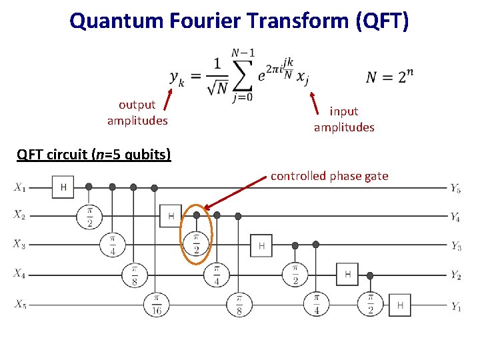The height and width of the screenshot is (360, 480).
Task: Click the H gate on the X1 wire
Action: (63, 187)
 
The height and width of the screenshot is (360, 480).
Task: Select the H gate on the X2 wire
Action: (171, 216)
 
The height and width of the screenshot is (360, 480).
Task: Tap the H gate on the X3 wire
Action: (261, 246)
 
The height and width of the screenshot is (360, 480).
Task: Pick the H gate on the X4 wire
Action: (347, 273)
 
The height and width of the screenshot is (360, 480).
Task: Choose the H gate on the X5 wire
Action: (400, 305)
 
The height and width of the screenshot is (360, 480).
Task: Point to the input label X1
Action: (19, 187)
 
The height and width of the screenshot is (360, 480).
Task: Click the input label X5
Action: (19, 305)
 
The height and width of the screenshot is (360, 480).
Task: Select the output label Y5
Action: (455, 189)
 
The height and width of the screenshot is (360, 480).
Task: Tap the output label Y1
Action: (455, 307)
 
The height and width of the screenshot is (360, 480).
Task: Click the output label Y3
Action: (455, 247)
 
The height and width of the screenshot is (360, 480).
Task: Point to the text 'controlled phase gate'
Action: (329, 176)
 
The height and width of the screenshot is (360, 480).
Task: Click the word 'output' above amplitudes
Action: (137, 104)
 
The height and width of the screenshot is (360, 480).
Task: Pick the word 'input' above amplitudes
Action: (344, 111)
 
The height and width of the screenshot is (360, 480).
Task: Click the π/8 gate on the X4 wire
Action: (133, 274)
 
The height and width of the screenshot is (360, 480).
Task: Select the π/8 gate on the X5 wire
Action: (239, 305)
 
